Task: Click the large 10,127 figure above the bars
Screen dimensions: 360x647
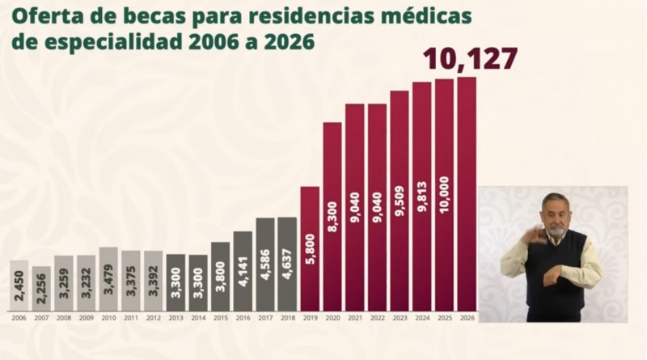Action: tap(470, 60)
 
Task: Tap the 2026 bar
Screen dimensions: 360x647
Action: tap(467, 193)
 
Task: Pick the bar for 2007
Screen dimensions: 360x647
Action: tap(41, 289)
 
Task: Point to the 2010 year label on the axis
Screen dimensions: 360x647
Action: tap(108, 318)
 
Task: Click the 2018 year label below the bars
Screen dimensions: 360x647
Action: tap(287, 318)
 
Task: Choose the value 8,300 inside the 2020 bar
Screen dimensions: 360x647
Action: tap(332, 218)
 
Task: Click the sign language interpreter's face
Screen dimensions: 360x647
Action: tap(554, 218)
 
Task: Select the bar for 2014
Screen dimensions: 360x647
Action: tap(198, 283)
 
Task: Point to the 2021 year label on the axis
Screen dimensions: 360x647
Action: tap(354, 318)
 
